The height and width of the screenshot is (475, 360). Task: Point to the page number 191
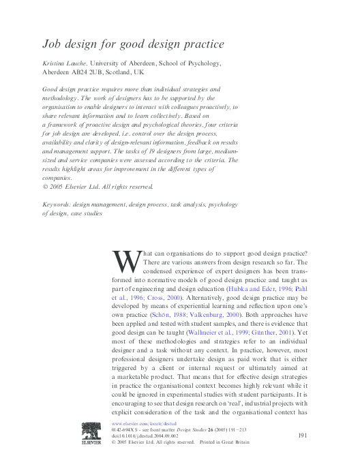pos(305,436)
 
